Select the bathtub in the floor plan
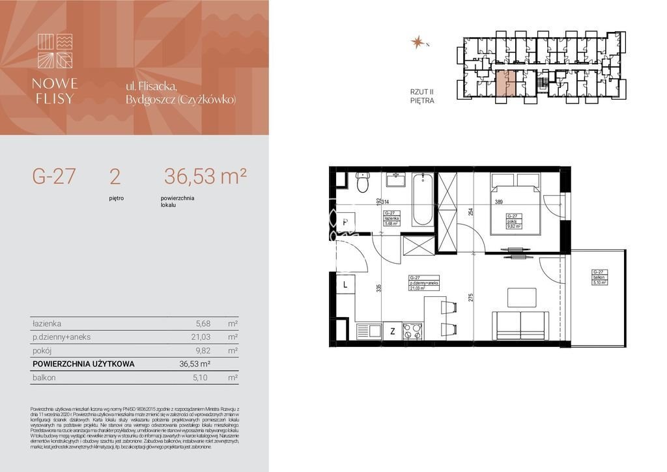pos(422,198)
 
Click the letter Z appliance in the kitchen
pos(392,331)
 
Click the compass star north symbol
pos(417,42)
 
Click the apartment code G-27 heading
pos(54,176)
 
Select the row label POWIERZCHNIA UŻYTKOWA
pos(83,364)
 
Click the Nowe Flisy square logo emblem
pos(55,51)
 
